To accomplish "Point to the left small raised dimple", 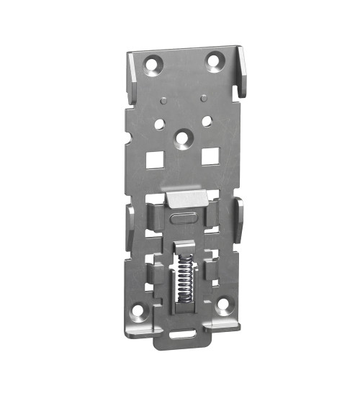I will (165, 100).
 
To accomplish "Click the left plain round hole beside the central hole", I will (159, 124).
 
